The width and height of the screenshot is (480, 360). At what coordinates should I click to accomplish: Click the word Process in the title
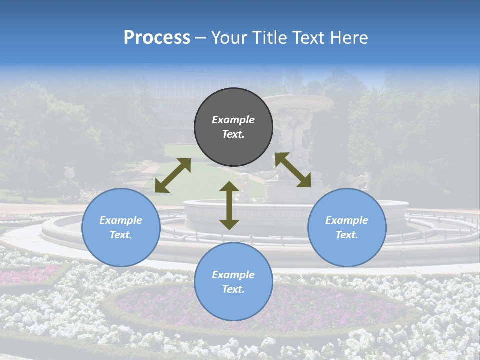tap(157, 38)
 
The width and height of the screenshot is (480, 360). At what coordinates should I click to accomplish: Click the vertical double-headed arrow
tap(229, 205)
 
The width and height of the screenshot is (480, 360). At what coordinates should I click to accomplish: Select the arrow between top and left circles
tap(173, 175)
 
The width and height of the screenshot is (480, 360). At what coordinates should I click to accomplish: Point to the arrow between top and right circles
tap(293, 170)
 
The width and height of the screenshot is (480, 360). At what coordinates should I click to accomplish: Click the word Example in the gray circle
tap(233, 120)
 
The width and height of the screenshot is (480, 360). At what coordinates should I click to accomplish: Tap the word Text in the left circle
tap(120, 235)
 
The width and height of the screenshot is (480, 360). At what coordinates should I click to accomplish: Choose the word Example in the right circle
tap(347, 220)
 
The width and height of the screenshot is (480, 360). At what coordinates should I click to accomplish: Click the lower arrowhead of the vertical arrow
tap(229, 224)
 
